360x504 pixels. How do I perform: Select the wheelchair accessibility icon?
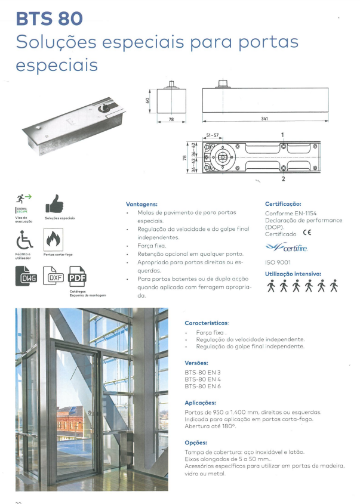23,241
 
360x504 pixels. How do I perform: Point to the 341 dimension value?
264,119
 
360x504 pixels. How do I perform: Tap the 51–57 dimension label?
212,135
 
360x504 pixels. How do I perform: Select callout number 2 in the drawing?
282,178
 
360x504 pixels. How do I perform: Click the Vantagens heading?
141,203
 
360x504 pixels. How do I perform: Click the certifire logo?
287,248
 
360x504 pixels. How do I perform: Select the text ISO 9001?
277,262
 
